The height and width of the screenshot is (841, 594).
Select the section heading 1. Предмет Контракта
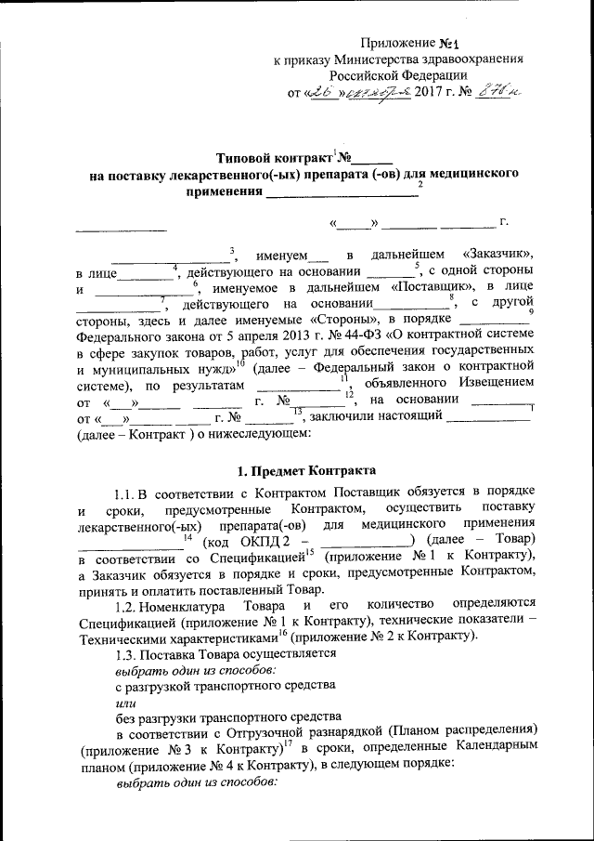pos(303,470)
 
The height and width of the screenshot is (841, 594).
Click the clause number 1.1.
pos(124,493)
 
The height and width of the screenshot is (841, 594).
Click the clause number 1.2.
pos(124,604)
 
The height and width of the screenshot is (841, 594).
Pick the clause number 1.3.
pos(124,653)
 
